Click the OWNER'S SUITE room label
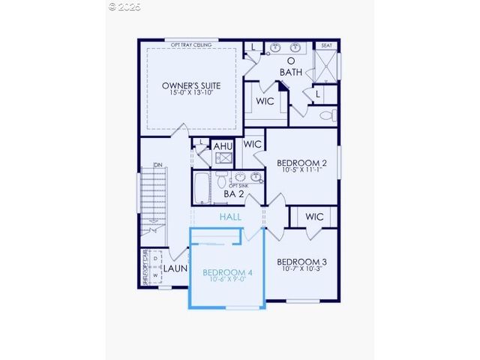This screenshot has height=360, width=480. point(191,85)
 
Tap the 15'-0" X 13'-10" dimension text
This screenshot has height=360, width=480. point(191,93)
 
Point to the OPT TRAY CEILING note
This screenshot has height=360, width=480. point(191,45)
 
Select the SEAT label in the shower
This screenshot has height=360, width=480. point(326,46)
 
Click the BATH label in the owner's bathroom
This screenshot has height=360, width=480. point(291,71)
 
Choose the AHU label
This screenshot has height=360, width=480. point(223,146)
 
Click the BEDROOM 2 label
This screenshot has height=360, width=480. point(301,163)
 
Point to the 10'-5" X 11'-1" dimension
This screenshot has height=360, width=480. point(301,170)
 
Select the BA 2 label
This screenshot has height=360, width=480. point(234,194)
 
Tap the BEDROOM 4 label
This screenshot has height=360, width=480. point(227,272)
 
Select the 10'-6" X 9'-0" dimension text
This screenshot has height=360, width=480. point(227,280)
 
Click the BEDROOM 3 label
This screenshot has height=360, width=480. point(301,262)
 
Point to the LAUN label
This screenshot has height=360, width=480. point(175,268)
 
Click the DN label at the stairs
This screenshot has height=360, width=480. point(158,165)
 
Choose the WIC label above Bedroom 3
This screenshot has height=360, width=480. point(314,217)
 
